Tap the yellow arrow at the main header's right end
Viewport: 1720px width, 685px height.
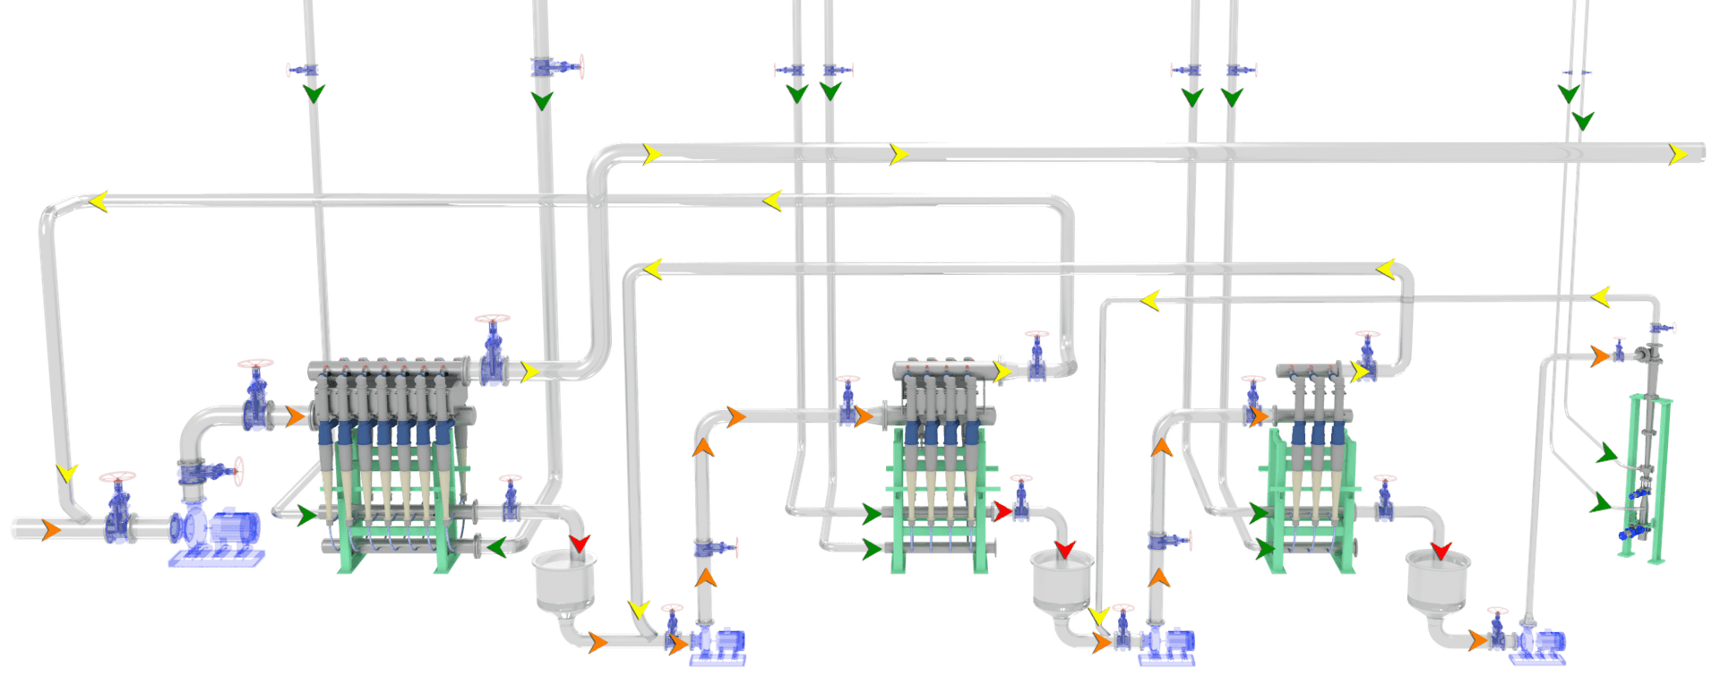pyautogui.click(x=1677, y=155)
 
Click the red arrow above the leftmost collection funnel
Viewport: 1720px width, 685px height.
pyautogui.click(x=580, y=543)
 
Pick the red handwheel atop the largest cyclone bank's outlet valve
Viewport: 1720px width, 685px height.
pyautogui.click(x=493, y=320)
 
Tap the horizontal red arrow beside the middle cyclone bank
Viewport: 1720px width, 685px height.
pyautogui.click(x=1002, y=511)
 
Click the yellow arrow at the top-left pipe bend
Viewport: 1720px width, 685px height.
pyautogui.click(x=99, y=201)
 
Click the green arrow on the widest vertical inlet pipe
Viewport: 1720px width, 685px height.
pyautogui.click(x=541, y=99)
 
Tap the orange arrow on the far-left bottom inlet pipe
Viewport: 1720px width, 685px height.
pyautogui.click(x=51, y=529)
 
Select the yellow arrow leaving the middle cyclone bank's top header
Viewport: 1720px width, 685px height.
pyautogui.click(x=1002, y=371)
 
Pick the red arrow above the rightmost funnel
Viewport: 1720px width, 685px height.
pyautogui.click(x=1440, y=550)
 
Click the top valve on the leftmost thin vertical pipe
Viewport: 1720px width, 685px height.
pyautogui.click(x=303, y=69)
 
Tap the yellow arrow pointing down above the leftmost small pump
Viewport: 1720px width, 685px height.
pyautogui.click(x=639, y=610)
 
